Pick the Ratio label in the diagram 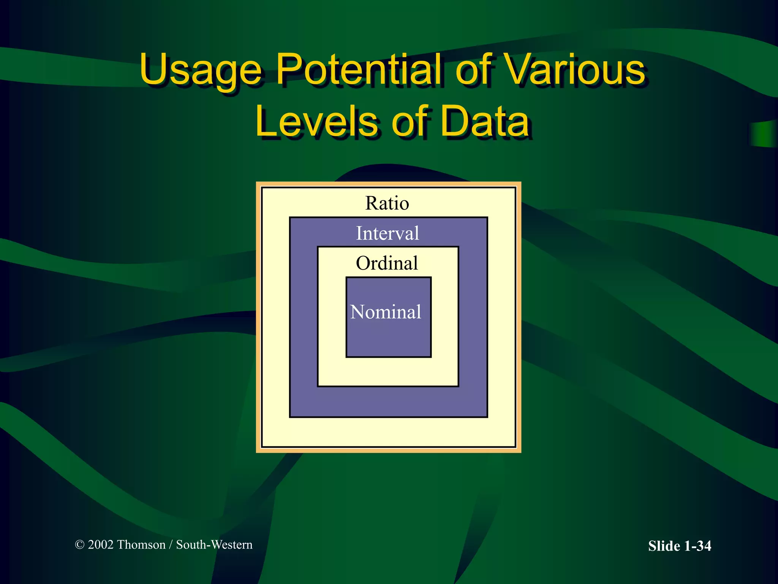point(387,203)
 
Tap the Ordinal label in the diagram point(387,263)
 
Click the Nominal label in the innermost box point(386,312)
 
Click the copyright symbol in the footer point(79,545)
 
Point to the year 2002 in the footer point(101,545)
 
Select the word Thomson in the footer point(141,545)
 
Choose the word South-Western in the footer point(214,545)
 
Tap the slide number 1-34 point(697,546)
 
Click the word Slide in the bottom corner point(664,546)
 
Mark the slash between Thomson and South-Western point(171,545)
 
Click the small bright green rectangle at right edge point(764,134)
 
